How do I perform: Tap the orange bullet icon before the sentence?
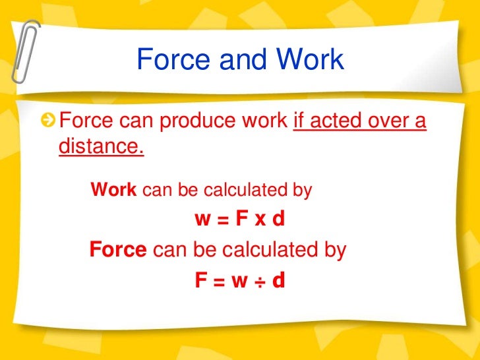(48, 121)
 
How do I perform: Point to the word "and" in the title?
(240, 60)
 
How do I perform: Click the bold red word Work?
(113, 191)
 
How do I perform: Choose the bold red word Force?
(118, 250)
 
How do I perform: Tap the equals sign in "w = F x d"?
(222, 220)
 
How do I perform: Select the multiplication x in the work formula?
(258, 219)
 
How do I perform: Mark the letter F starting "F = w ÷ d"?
(200, 282)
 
